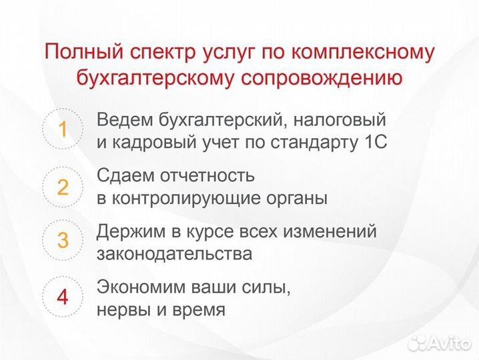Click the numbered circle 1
click(x=63, y=130)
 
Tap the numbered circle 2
click(x=63, y=187)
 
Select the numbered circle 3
click(x=63, y=240)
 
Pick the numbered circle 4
click(x=63, y=297)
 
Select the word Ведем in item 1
click(x=125, y=120)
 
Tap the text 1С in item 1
click(x=374, y=143)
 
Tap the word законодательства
click(x=175, y=254)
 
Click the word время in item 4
click(x=197, y=311)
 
